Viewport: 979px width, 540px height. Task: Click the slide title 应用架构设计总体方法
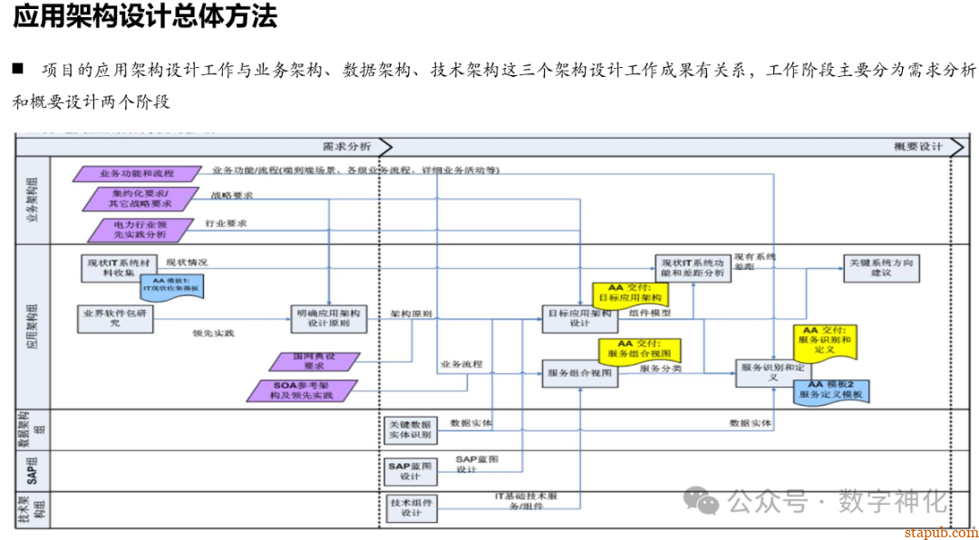[145, 16]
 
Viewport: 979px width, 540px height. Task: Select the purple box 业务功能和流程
[136, 173]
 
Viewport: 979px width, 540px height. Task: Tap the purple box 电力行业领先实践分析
[141, 229]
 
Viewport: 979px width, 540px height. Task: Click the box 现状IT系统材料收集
[118, 266]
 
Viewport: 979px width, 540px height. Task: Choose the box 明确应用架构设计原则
[329, 318]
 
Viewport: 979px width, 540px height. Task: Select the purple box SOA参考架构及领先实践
[303, 391]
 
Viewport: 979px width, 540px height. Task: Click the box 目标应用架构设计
[579, 318]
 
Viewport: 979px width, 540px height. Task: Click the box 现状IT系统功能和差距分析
[693, 267]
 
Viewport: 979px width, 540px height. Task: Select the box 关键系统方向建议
[880, 267]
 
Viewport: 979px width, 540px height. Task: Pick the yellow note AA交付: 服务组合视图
[638, 350]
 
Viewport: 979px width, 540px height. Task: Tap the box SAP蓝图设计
[411, 470]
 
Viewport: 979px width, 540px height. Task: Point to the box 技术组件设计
[411, 507]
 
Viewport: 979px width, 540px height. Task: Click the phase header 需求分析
[346, 146]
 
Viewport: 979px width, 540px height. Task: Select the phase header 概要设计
[917, 146]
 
